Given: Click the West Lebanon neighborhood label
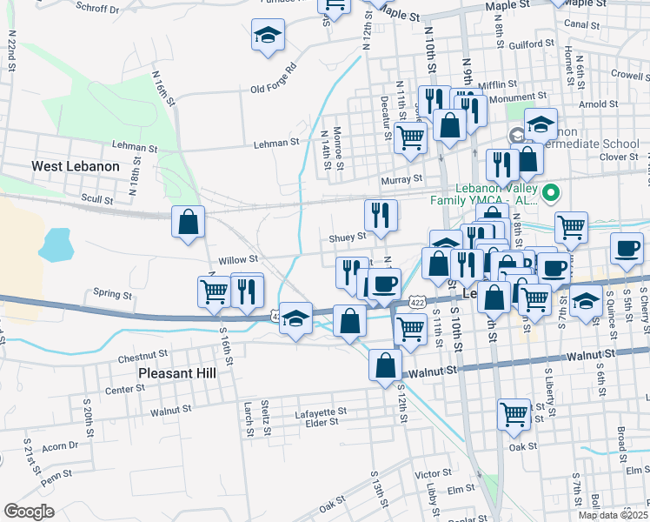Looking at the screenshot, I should coord(76,165).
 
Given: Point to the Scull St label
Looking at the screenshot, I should coord(97,200).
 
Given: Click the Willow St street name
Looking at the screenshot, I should coord(238,259).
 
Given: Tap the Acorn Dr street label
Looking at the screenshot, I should coord(60,446).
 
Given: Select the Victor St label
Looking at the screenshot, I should coord(431,474).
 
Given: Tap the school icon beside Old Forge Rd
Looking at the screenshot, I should coord(268,36).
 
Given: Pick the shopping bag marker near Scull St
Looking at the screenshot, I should coord(188,223).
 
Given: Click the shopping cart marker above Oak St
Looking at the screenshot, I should coord(514,414).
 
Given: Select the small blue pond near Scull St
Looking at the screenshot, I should coord(55,244).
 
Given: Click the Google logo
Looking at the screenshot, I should coord(29,512).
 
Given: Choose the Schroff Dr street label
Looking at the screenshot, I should coord(97,9).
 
